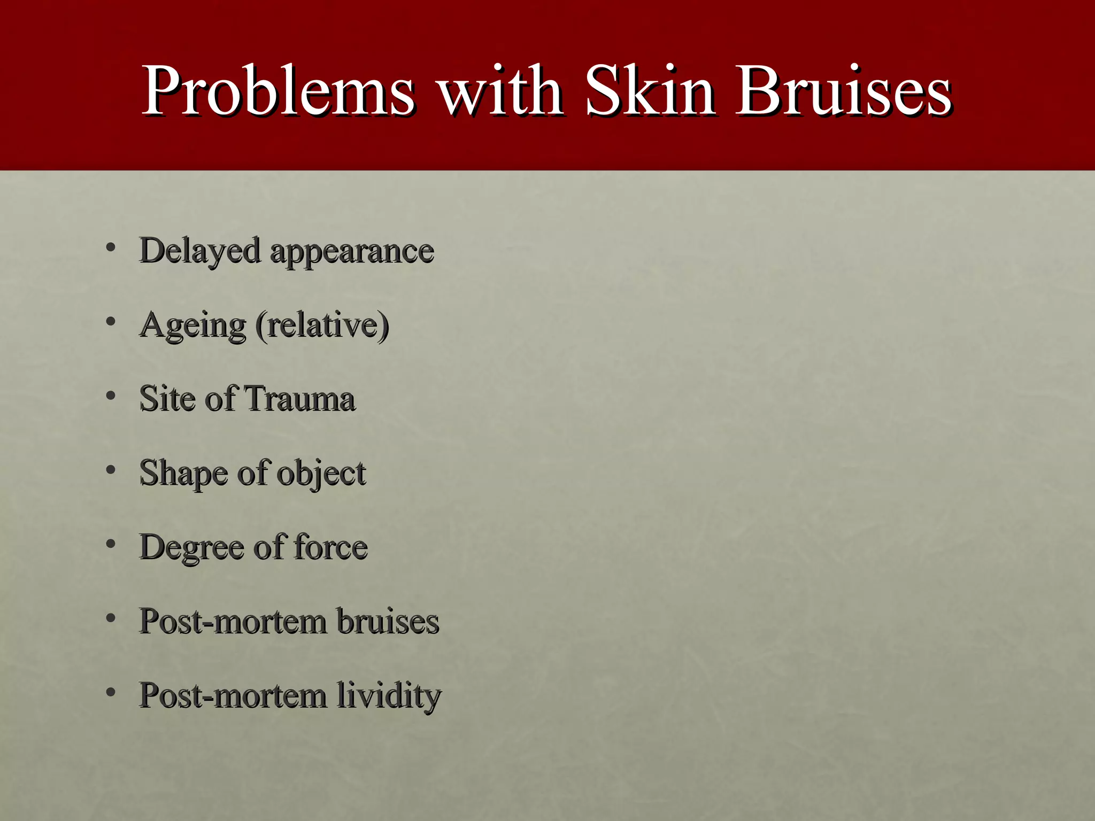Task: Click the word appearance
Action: [352, 251]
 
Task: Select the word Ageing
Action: [192, 325]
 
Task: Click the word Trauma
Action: [299, 399]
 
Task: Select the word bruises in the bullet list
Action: [388, 621]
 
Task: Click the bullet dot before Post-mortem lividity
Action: [111, 693]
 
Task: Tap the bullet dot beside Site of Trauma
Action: [111, 396]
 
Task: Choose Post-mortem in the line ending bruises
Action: [233, 621]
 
